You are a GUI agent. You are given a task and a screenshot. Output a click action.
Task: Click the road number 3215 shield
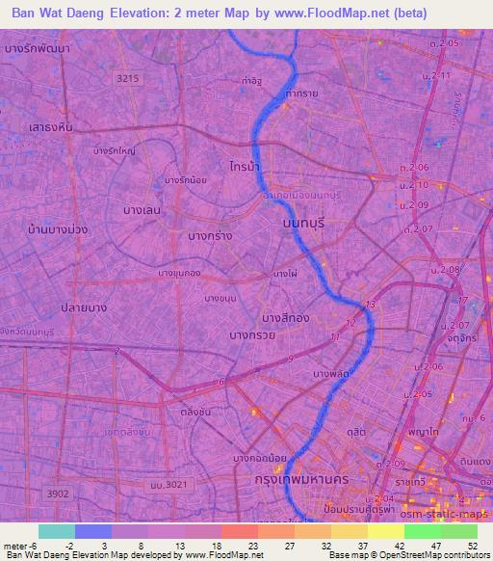126,78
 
